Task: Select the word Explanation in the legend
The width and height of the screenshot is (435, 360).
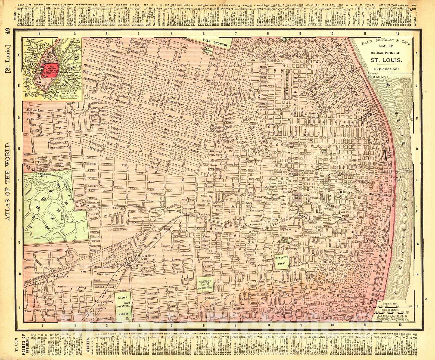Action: pos(386,69)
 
